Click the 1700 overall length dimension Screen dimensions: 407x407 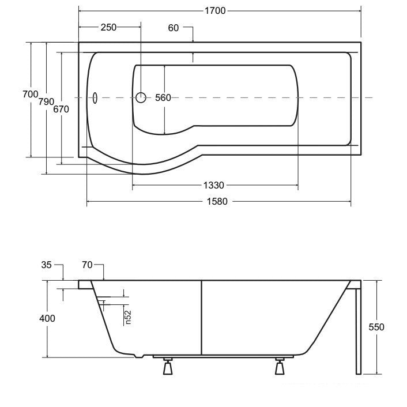(x=215, y=11)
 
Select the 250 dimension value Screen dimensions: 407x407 (x=108, y=27)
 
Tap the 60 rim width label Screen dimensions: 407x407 (x=174, y=28)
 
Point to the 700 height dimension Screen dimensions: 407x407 (x=31, y=94)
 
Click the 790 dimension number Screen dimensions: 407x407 (x=47, y=101)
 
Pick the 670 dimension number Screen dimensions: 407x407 (x=61, y=110)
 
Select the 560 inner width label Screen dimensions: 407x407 (x=163, y=98)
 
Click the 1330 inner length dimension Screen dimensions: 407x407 (x=213, y=185)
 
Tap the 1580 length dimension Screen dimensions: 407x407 (x=217, y=201)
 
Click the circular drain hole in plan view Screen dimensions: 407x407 (x=141, y=97)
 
